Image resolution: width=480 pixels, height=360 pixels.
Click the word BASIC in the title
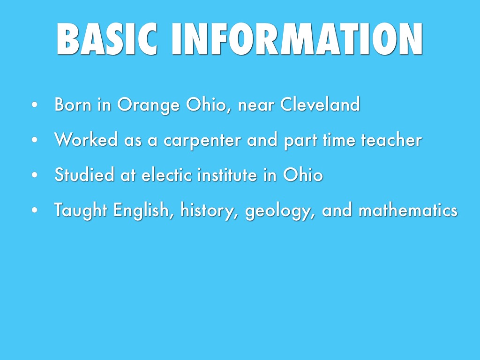pos(107,39)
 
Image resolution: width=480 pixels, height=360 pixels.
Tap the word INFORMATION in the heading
pos(297,39)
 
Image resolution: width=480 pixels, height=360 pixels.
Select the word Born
pos(73,104)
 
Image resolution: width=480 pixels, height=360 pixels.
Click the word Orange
pos(149,105)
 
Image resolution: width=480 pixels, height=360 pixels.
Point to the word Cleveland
pos(320,104)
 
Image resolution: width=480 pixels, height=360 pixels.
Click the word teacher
pos(391,139)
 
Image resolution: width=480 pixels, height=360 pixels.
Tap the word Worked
pos(86,139)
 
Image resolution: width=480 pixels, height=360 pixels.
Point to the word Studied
pos(84,174)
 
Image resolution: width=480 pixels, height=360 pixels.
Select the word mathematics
pos(408,210)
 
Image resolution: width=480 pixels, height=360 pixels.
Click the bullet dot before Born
pos(35,105)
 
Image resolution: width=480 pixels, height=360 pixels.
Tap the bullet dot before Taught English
pos(35,210)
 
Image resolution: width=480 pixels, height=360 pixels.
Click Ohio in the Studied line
pos(303,174)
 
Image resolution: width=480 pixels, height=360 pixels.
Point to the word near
pos(256,105)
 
